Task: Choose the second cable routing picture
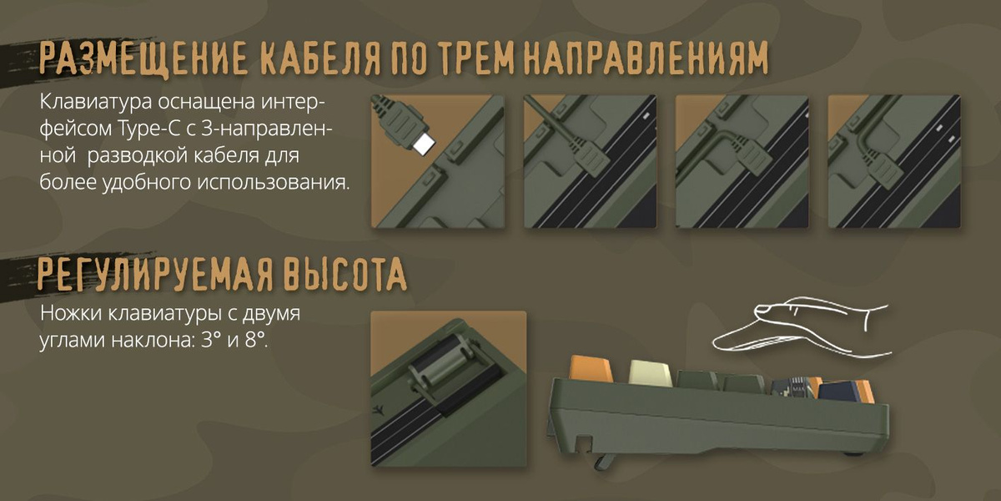590,161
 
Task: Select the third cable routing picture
742,161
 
